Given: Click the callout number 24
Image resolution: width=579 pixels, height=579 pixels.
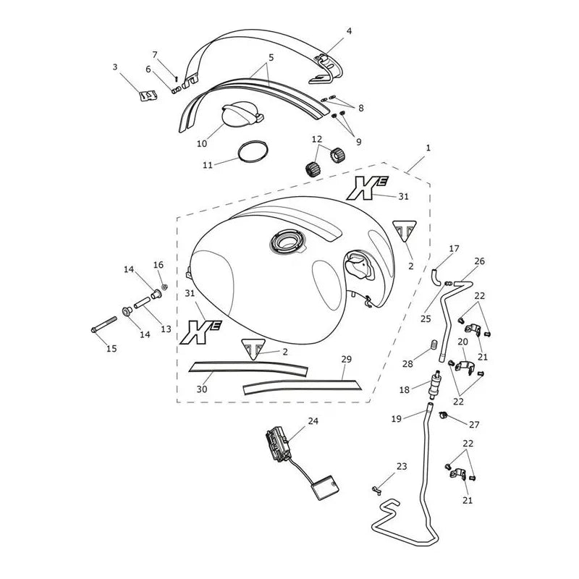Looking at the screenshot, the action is click(313, 420).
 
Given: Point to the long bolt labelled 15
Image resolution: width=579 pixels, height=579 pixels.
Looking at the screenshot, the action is click(103, 324).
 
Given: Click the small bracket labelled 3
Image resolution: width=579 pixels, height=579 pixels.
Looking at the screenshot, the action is click(148, 96).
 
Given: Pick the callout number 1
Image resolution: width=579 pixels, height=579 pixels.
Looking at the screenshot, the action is click(428, 148).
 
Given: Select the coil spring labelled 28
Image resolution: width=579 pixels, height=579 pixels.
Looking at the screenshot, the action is click(434, 345).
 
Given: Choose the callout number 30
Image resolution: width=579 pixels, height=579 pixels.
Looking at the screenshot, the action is click(202, 389).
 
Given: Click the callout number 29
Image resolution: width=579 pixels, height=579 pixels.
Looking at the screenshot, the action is click(347, 359).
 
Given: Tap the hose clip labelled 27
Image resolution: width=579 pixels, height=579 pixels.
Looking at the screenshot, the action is click(443, 415).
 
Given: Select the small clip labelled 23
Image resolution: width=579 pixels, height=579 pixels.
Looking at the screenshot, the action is click(376, 490).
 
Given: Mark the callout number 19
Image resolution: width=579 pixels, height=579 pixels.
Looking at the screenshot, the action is click(396, 419).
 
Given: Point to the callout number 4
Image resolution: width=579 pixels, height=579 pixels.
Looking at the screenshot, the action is click(349, 31).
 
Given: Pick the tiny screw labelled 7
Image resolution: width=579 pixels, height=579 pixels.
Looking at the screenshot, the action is click(177, 79).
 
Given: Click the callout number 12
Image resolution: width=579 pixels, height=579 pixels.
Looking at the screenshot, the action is click(317, 139).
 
